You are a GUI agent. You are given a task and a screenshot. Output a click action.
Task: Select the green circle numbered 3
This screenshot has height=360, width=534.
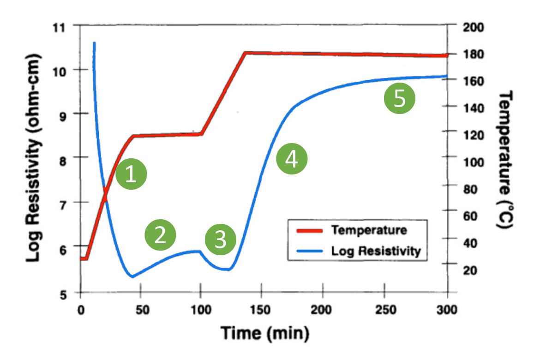point(221,240)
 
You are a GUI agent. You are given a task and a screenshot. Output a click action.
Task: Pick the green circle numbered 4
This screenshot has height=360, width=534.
point(291,159)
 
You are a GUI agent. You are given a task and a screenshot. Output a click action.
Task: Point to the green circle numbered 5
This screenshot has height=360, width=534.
point(400,99)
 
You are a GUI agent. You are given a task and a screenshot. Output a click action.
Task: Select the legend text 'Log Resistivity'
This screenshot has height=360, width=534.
point(376,251)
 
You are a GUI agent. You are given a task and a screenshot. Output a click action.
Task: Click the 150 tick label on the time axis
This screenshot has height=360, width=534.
point(261,309)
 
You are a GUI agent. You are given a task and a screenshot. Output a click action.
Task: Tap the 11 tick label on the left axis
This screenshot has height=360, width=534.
point(62,27)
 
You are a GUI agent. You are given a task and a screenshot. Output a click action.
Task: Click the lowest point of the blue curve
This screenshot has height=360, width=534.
point(132,277)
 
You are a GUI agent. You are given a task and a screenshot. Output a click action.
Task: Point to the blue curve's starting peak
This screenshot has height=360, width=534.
point(94,43)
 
